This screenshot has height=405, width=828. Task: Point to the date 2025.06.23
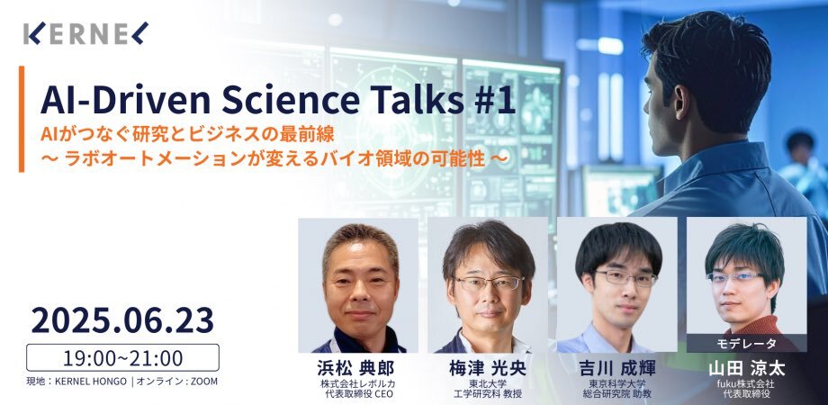point(122,320)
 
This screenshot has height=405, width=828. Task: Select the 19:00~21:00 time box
point(122,357)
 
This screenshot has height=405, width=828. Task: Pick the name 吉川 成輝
point(616,368)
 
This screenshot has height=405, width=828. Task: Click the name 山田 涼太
point(746,369)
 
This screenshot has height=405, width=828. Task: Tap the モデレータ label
point(746,344)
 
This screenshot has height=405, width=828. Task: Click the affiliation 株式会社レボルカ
point(357,384)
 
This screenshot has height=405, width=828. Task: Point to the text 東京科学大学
point(617,384)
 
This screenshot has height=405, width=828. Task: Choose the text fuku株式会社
point(746,384)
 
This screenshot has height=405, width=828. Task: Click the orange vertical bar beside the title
point(22,119)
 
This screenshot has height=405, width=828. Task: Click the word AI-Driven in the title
point(127,100)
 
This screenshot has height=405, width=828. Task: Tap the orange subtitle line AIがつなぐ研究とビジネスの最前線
point(187,135)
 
